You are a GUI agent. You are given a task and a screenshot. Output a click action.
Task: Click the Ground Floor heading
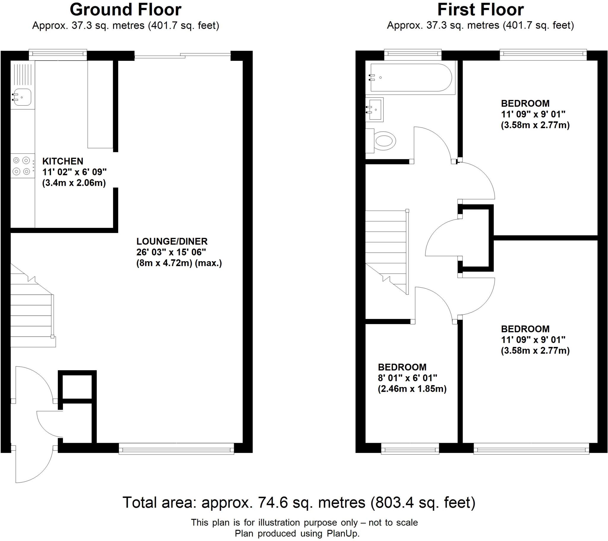coord(125,10)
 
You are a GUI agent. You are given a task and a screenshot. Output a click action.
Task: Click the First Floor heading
coord(480,10)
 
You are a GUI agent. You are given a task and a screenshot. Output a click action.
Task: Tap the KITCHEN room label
coord(63,161)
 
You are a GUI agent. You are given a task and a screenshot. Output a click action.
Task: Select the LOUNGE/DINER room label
coord(172,241)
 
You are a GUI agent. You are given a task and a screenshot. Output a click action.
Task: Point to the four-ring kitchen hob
coord(22,166)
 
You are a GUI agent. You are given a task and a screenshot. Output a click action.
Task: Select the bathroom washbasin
coord(375,110)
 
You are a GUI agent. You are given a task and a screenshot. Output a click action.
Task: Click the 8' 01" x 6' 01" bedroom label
coord(407,378)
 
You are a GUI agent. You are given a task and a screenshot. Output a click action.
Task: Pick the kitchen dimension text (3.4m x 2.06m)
coord(74,183)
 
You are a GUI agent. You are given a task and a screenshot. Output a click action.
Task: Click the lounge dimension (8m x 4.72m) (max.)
coord(179,263)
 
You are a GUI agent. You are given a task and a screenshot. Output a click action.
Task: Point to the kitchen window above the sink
coord(58,53)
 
